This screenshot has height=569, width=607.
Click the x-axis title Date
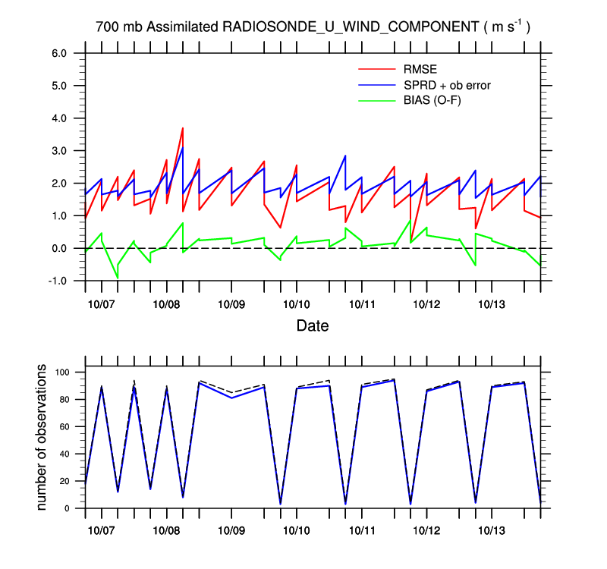tap(312, 327)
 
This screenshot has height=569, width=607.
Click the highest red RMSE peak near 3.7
tap(183, 128)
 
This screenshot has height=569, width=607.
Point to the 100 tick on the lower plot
tap(61, 373)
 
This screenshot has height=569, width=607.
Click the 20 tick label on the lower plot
tap(64, 481)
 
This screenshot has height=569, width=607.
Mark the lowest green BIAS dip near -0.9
tap(118, 278)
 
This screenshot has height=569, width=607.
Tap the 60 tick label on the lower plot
tap(64, 426)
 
